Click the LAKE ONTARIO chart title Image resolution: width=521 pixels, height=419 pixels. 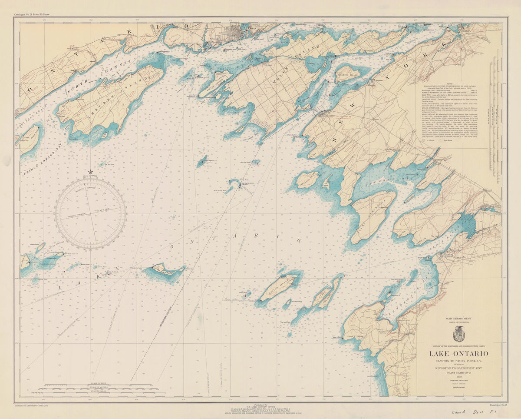pyautogui.click(x=458, y=354)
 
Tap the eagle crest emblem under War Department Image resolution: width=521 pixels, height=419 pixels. pyautogui.click(x=458, y=334)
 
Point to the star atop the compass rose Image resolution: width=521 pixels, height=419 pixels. pyautogui.click(x=90, y=173)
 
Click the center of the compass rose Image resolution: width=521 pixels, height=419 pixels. pyautogui.click(x=90, y=214)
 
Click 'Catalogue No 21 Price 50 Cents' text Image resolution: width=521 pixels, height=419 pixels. pyautogui.click(x=33, y=14)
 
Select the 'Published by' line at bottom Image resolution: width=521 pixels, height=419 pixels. pyautogui.click(x=260, y=404)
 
